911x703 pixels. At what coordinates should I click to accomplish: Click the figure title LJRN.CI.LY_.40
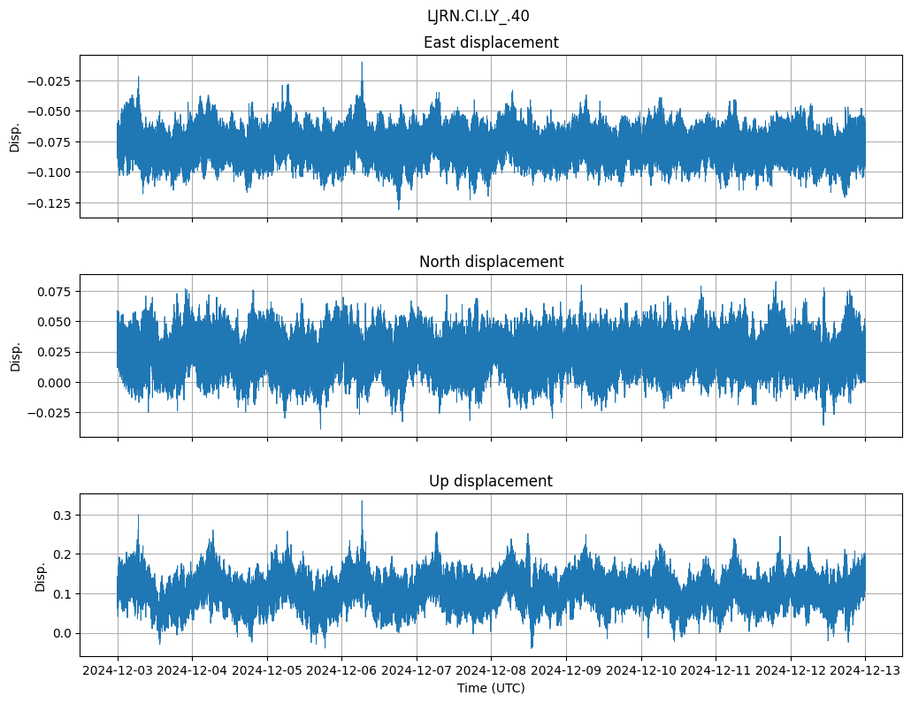[x=478, y=16]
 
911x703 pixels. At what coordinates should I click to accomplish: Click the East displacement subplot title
[x=491, y=42]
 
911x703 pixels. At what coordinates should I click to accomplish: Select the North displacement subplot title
[x=491, y=262]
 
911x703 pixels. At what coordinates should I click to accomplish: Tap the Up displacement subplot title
[x=491, y=481]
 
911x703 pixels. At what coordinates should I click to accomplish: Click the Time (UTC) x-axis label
[x=491, y=688]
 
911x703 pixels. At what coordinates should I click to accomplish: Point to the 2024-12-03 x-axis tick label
[x=119, y=671]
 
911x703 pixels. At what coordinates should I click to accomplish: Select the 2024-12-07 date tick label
[x=417, y=671]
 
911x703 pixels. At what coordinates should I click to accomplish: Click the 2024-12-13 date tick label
[x=865, y=671]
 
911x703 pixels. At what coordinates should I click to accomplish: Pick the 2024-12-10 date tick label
[x=641, y=671]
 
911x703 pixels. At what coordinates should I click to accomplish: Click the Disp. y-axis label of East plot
[x=15, y=136]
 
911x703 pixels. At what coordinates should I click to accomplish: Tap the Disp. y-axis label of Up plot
[x=41, y=575]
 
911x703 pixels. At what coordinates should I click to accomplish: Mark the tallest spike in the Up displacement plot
[x=362, y=502]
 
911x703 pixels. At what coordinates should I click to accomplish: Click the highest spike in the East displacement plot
[x=362, y=63]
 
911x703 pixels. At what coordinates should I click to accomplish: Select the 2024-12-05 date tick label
[x=268, y=671]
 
